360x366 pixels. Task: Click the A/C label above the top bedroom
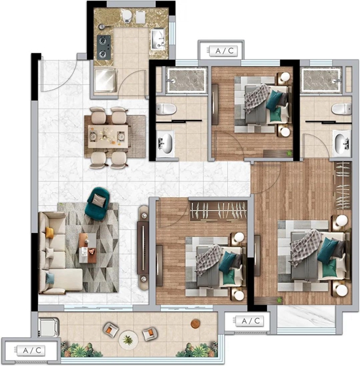(x=223, y=50)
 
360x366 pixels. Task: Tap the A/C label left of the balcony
(x=31, y=350)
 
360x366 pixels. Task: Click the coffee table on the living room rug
(x=88, y=248)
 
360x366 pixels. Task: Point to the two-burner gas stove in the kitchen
(x=103, y=48)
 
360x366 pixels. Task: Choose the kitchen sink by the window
(x=158, y=39)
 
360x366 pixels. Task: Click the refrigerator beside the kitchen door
(x=105, y=80)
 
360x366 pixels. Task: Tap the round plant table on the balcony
(x=128, y=340)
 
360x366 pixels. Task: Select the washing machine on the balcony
(x=48, y=327)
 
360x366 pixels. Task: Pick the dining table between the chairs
(x=108, y=136)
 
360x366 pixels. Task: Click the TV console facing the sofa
(x=143, y=248)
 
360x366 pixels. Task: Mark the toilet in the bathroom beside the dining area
(x=166, y=109)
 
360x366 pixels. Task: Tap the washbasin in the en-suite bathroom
(x=342, y=142)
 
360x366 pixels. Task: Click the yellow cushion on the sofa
(x=50, y=232)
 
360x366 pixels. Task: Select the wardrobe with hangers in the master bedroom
(x=342, y=185)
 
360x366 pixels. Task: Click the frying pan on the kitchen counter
(x=102, y=26)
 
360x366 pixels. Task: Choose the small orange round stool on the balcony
(x=195, y=323)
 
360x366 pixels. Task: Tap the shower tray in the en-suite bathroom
(x=321, y=80)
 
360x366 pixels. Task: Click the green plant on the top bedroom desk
(x=289, y=153)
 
